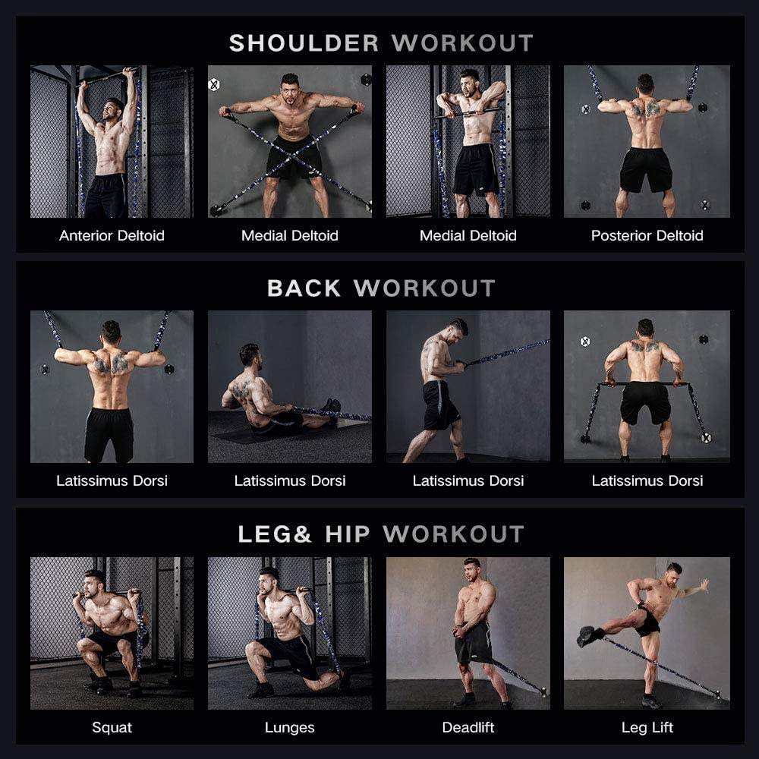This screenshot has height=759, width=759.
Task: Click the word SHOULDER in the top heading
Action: coord(304,43)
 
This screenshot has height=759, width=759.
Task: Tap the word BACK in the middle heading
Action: coord(304,288)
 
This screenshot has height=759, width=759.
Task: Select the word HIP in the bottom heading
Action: coord(348,534)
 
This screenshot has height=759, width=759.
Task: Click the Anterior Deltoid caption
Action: coord(112,236)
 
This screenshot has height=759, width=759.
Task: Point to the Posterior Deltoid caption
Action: coord(647,236)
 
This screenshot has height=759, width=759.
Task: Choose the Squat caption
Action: coord(112,728)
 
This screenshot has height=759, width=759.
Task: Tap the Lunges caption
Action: coord(289,728)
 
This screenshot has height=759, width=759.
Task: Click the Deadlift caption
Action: coord(468,727)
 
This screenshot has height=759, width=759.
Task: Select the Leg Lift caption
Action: coord(647,728)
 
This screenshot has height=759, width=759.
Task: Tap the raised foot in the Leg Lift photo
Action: coord(587,636)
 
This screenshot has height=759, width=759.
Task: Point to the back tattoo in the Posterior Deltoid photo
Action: coord(645,109)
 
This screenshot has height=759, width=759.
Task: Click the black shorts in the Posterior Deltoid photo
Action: coord(646,169)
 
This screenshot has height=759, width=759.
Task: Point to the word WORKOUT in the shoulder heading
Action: coord(463,43)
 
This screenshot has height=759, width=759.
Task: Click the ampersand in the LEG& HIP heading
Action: coord(301,534)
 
